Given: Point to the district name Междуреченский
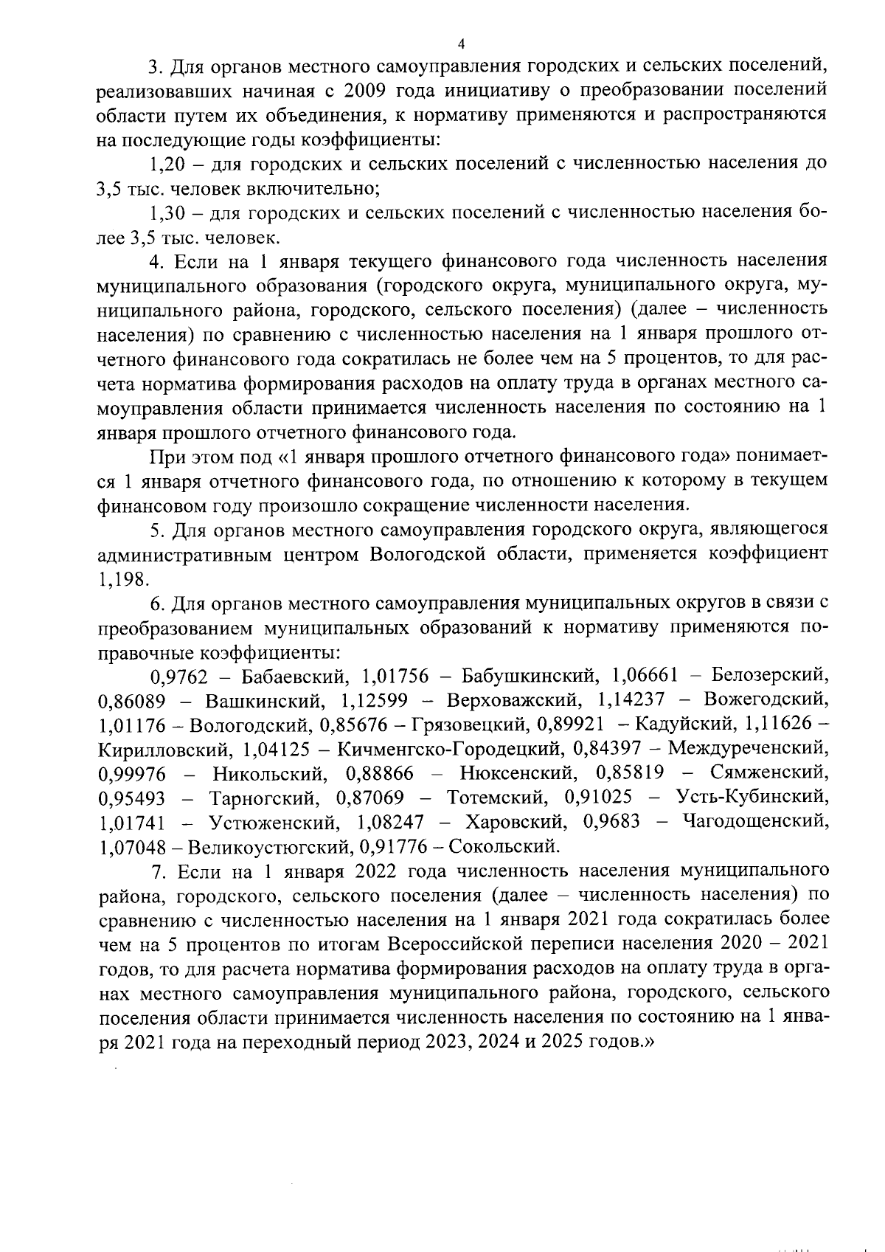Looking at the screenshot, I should tap(748, 749).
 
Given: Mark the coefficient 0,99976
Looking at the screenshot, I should tap(132, 773).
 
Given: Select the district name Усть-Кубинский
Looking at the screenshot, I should tap(752, 798).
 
